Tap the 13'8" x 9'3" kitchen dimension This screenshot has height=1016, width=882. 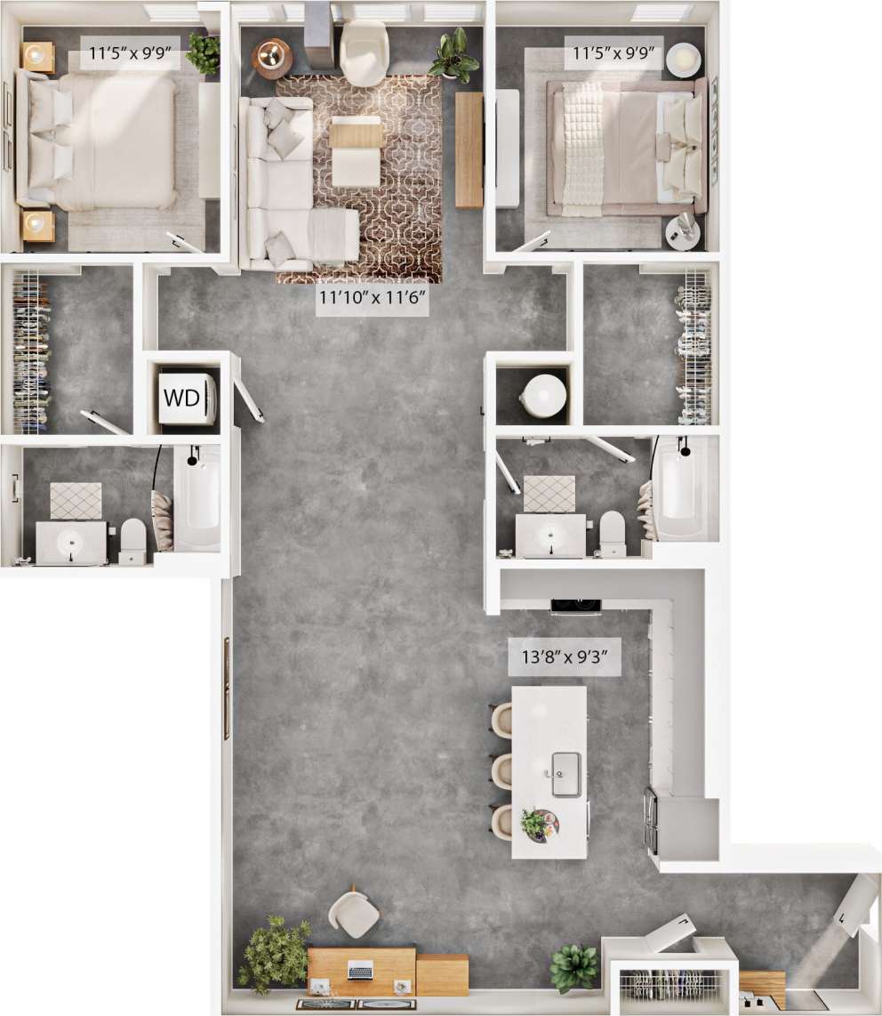click(x=564, y=659)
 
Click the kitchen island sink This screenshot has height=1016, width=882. click(x=565, y=772)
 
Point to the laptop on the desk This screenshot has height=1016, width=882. click(x=360, y=970)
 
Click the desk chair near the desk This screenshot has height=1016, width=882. click(x=354, y=915)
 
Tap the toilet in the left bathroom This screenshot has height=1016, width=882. click(x=132, y=541)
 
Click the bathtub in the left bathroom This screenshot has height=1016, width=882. click(x=197, y=498)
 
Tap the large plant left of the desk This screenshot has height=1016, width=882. click(x=274, y=955)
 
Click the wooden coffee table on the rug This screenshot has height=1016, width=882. click(x=356, y=134)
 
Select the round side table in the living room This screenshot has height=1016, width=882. click(x=271, y=58)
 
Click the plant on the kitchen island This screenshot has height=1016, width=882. click(x=536, y=823)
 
